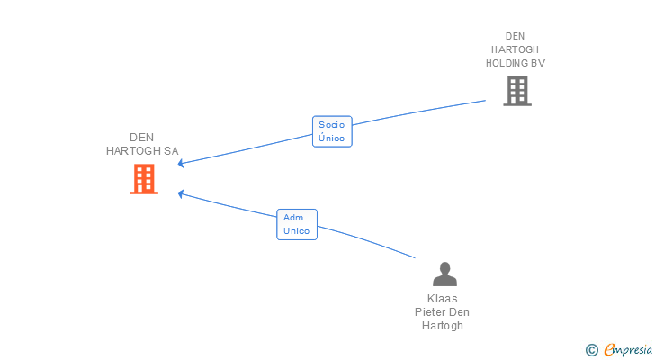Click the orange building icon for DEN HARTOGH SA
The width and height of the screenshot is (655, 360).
pos(144,179)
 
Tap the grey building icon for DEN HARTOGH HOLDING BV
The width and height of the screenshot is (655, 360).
pos(516,90)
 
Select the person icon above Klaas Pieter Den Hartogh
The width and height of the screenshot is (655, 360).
pos(444,274)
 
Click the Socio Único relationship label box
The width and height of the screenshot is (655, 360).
pos(332,131)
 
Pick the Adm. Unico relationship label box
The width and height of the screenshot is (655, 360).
pos(296,224)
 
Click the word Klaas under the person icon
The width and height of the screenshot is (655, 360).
pos(443,299)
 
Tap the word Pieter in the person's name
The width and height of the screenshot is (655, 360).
pos(430,312)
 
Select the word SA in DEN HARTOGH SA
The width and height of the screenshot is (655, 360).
pos(171,150)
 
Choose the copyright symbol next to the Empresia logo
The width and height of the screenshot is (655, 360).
pos(592,350)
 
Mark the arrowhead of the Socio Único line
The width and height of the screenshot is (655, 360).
pos(180,163)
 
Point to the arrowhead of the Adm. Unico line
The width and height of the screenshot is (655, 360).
pos(180,193)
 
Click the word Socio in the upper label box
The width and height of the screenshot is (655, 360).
pos(332,125)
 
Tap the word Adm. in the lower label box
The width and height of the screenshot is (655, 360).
pos(295,218)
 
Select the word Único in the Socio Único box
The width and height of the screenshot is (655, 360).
pos(332,139)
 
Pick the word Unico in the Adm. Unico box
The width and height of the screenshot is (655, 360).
pos(296,231)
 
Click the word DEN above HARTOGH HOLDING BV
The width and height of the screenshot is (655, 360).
pos(515,36)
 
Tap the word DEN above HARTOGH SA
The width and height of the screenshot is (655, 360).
pos(142,137)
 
